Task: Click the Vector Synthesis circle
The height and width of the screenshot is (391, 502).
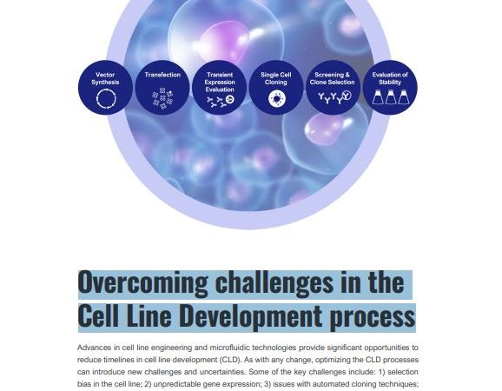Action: coord(105,87)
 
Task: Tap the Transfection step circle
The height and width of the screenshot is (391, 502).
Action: coord(162,87)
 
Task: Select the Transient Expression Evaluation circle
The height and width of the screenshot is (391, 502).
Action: coord(220,87)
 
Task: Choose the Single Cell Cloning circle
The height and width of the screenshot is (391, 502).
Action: coord(276,87)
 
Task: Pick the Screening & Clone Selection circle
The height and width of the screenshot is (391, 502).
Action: coord(333,87)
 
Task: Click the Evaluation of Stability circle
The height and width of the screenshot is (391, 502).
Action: coord(390,87)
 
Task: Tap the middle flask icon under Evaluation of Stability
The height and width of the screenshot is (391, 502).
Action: coord(391,97)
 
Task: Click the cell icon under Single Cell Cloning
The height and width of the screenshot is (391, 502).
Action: coord(276,98)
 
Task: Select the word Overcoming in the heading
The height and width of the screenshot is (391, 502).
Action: coord(142,282)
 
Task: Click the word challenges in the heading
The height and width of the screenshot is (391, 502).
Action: coord(274,282)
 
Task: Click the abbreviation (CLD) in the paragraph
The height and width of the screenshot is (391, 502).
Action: coord(231,360)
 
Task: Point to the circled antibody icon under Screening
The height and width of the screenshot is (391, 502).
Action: coord(347,95)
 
